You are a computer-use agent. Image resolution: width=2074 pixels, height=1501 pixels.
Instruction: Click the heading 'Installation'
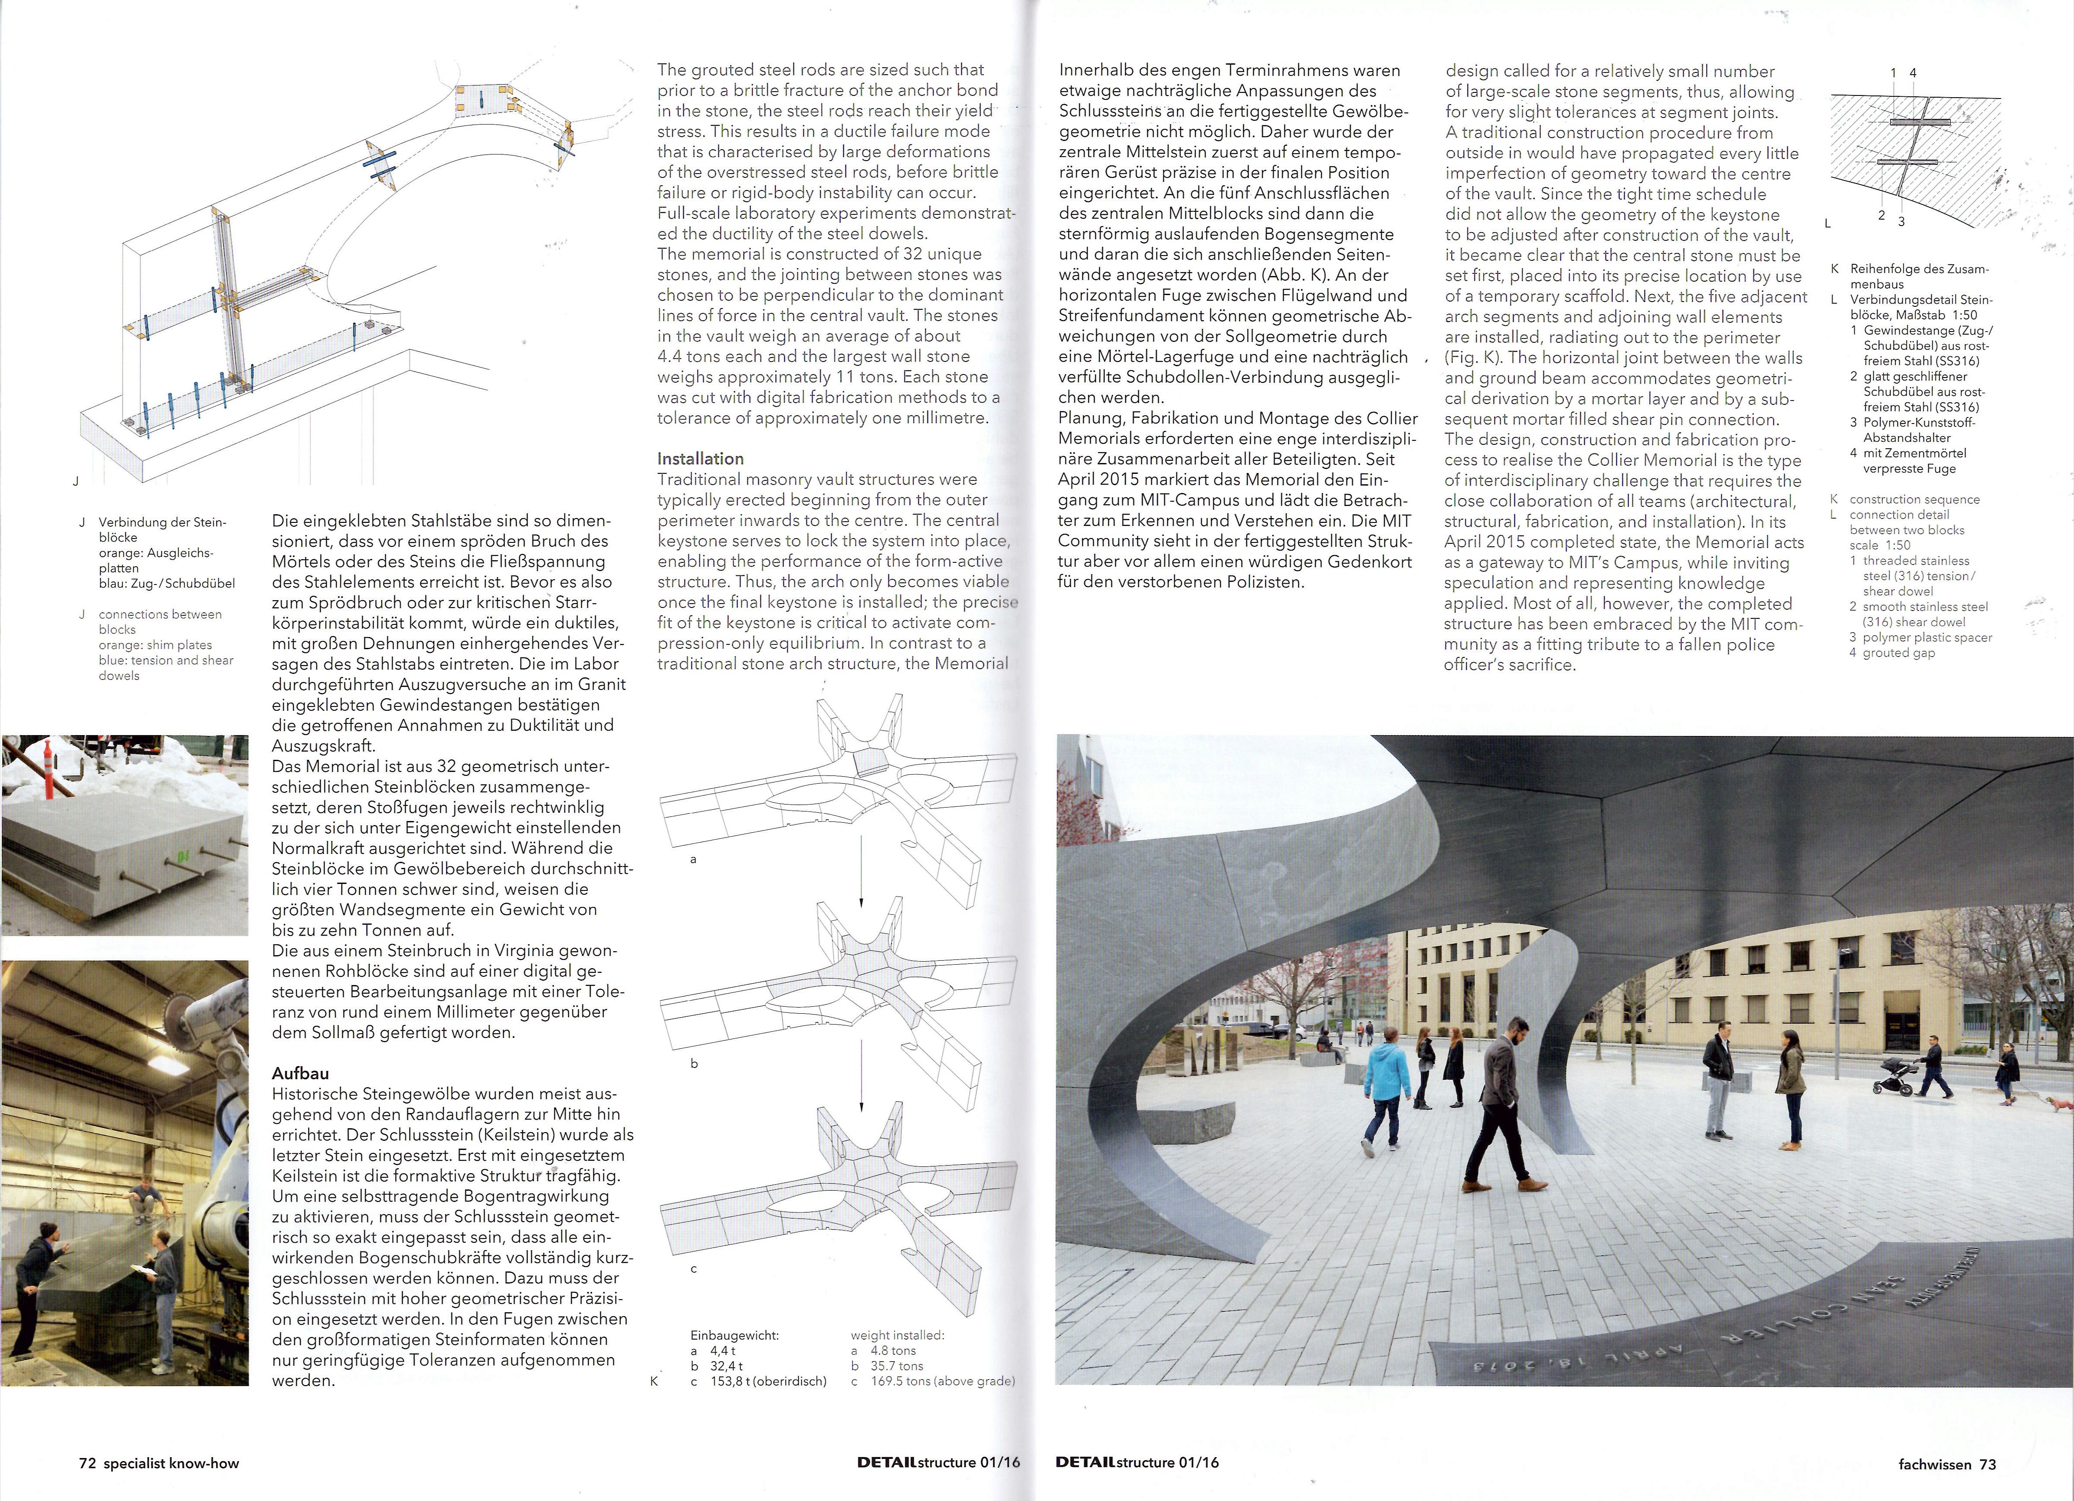coord(701,458)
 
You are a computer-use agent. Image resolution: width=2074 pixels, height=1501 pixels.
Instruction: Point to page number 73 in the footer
coord(1988,1464)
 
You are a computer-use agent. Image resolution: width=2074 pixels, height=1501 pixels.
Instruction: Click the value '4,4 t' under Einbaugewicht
coord(722,1350)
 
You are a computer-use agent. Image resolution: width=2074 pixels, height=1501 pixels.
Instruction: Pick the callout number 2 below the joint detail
coord(1881,216)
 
